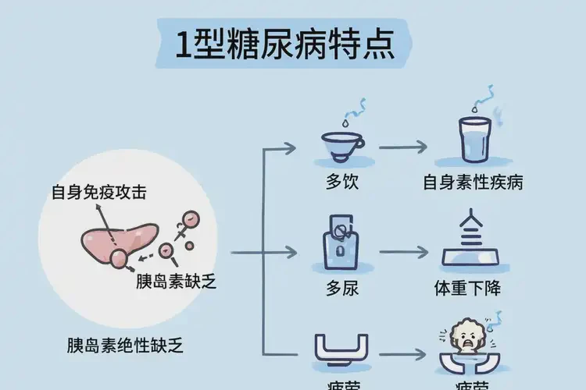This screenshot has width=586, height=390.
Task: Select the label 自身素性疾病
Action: pyautogui.click(x=473, y=183)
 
